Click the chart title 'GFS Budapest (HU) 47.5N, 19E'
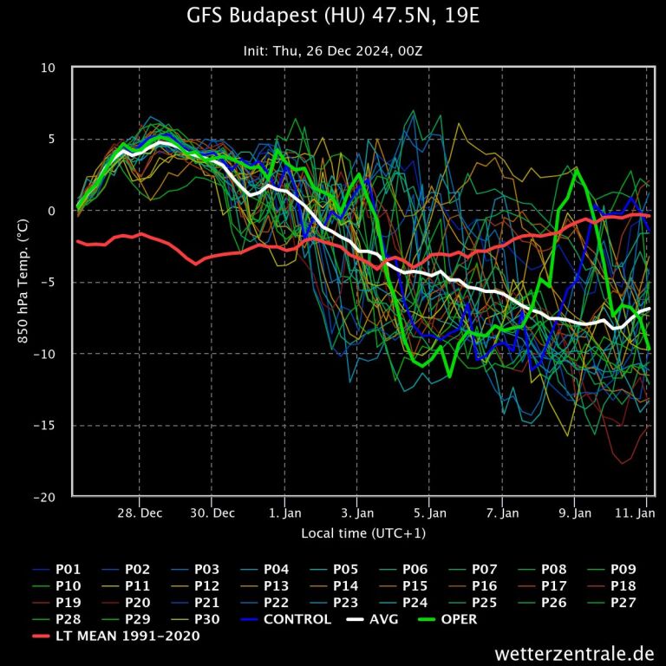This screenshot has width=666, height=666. click(332, 16)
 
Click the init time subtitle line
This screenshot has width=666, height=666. click(332, 50)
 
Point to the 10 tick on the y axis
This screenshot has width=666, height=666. click(49, 68)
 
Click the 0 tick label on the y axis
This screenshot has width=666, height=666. click(52, 211)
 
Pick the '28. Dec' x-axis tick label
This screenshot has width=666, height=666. click(139, 513)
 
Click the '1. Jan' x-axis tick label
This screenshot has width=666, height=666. click(285, 513)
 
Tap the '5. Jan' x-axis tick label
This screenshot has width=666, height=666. click(430, 513)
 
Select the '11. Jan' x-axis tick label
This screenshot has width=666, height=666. click(637, 513)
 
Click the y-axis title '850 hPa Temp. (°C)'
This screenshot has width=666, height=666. click(23, 282)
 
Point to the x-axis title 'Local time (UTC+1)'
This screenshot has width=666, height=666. click(362, 532)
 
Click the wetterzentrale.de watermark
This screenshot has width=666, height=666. click(574, 652)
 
